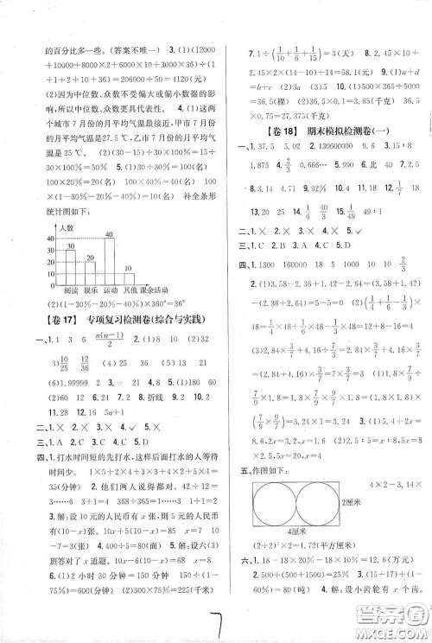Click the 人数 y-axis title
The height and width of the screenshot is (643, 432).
[65, 226]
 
